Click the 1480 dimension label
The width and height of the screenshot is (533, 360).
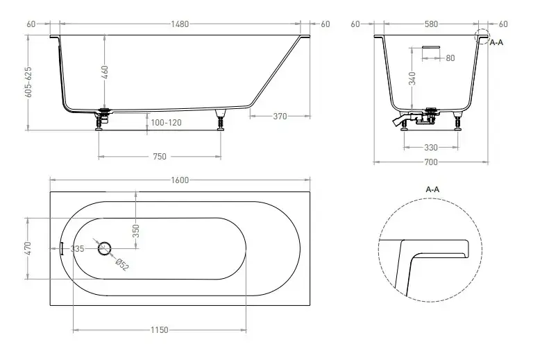click(x=180, y=24)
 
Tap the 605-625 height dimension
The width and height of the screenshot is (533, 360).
click(x=28, y=82)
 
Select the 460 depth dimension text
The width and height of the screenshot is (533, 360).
click(x=105, y=72)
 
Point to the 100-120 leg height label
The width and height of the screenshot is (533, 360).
click(x=166, y=122)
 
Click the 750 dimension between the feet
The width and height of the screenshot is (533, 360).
click(x=160, y=157)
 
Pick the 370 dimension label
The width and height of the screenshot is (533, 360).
click(x=280, y=116)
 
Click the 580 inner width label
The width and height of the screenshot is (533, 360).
click(x=431, y=24)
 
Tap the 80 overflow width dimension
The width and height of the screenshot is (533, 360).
click(x=450, y=58)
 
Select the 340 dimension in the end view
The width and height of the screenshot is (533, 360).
click(x=412, y=78)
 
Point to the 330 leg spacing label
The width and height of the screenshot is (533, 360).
click(x=431, y=147)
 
